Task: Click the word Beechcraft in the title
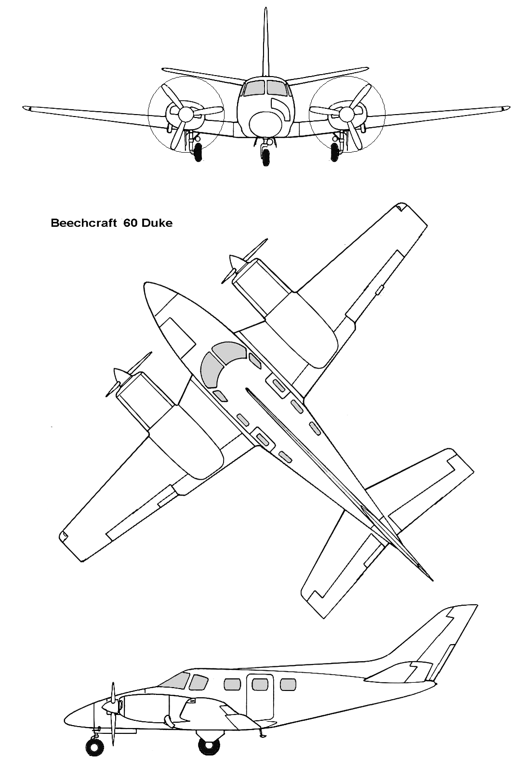click(83, 223)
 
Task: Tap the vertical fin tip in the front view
click(266, 8)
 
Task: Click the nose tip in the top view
click(145, 285)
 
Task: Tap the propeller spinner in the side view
click(109, 707)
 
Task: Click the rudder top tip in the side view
click(476, 605)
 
